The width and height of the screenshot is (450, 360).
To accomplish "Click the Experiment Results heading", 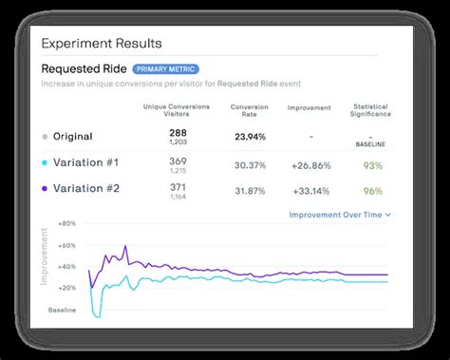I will pos(102,43).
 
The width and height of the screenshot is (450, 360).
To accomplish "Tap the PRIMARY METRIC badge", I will pos(165,69).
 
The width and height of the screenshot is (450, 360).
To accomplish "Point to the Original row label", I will pos(72,136).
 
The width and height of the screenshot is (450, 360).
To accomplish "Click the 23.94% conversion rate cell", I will pos(249,136).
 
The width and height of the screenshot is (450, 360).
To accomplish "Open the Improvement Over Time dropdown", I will pos(340,215).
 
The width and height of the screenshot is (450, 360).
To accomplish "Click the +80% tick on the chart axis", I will pos(66,224).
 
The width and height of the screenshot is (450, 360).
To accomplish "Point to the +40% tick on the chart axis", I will pos(66,266).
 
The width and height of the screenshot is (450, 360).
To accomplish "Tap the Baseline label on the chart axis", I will pos(63,311).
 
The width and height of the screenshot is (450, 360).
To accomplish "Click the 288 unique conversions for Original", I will pos(178,132).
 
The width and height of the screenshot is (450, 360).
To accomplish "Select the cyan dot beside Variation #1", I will pos(45,162).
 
